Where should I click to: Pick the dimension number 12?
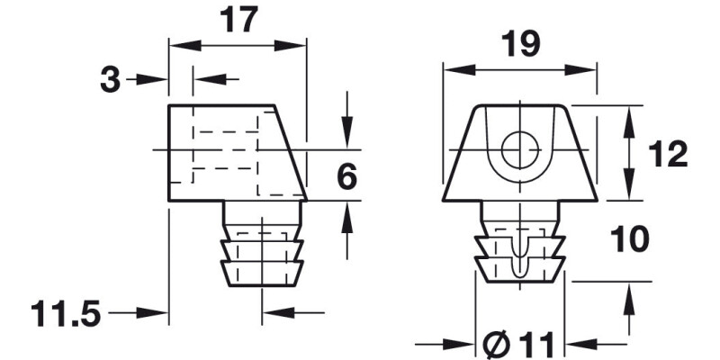click(667, 154)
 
